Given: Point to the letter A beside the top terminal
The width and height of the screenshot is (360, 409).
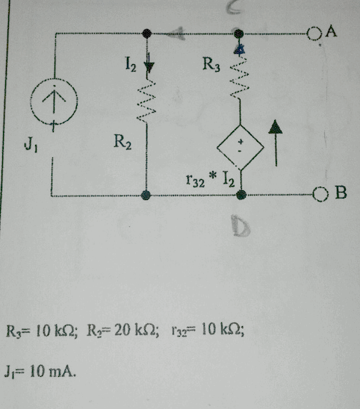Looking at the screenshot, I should tap(331, 31).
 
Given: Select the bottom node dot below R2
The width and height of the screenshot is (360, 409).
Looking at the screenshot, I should tap(147, 195).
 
